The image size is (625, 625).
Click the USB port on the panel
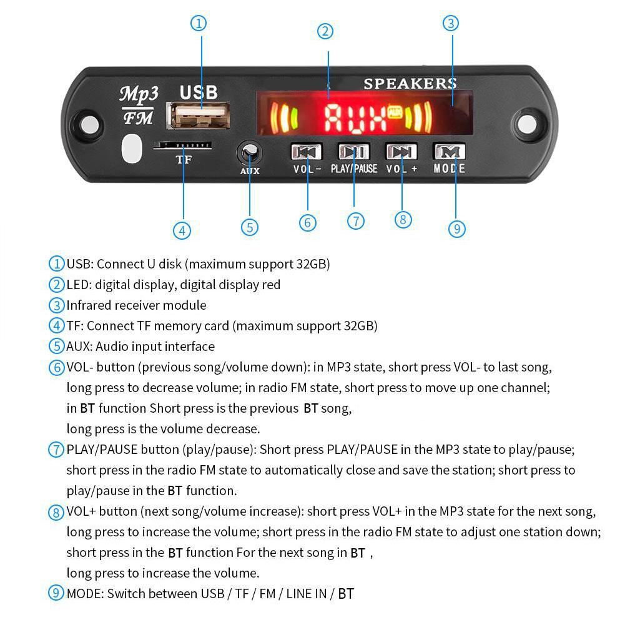[x=198, y=117]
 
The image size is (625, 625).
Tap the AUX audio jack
[x=250, y=152]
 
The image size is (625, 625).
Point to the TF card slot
[x=182, y=145]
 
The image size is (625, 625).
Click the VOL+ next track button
[x=401, y=152]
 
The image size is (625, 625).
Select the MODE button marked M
[x=450, y=152]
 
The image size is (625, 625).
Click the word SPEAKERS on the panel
[x=410, y=84]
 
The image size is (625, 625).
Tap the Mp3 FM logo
[x=139, y=105]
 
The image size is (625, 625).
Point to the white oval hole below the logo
[x=132, y=149]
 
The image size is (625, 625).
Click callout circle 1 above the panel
[x=198, y=24]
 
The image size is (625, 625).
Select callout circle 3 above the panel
[x=451, y=24]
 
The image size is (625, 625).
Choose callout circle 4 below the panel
[x=182, y=230]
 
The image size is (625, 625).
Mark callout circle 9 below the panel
[x=457, y=229]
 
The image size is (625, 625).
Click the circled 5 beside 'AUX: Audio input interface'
[x=57, y=347]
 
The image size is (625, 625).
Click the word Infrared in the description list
[x=89, y=305]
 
